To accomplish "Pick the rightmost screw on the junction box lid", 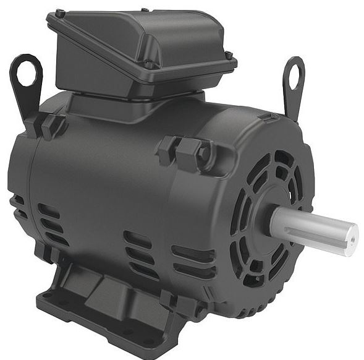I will [x=229, y=56].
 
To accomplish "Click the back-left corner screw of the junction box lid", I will [x=59, y=13].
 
